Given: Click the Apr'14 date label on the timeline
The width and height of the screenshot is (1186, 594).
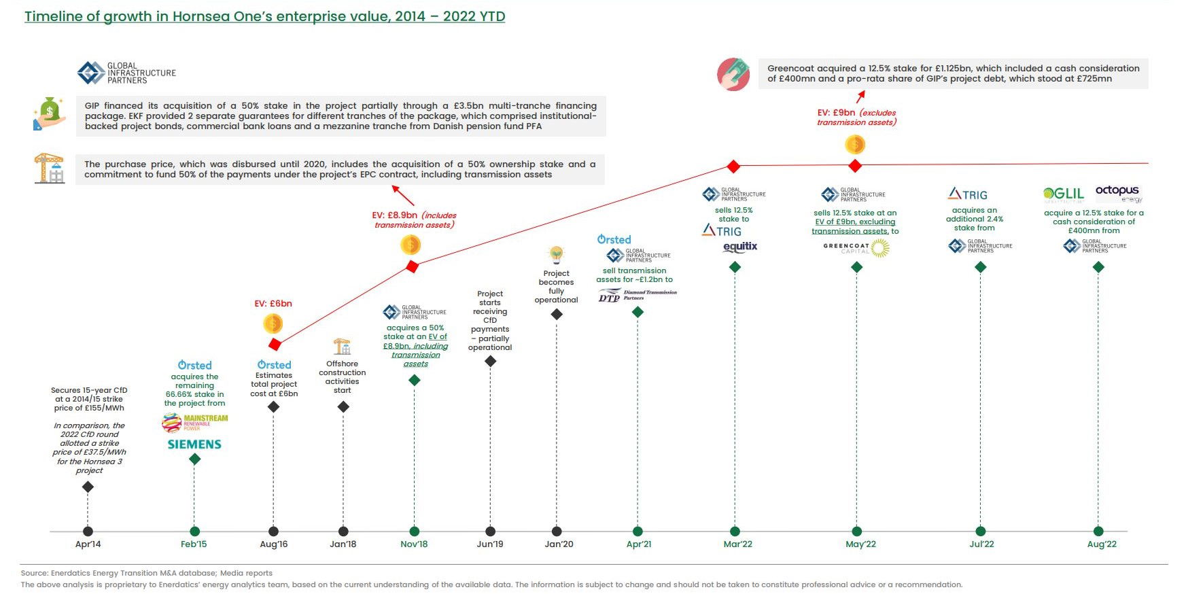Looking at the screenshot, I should (x=88, y=544).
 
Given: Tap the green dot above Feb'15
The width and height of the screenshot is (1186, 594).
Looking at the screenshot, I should (x=195, y=531).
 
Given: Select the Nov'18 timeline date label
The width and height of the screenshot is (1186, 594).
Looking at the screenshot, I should (x=414, y=544).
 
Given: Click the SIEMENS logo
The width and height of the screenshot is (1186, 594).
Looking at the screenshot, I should (x=194, y=444).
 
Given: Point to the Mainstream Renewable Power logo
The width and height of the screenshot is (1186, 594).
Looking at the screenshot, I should (x=194, y=423).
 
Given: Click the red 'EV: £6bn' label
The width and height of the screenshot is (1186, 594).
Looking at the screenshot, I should (x=273, y=304).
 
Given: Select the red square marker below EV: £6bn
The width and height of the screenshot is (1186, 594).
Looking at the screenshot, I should (x=275, y=344).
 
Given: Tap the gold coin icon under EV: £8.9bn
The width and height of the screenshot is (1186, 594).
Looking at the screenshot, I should (x=411, y=245).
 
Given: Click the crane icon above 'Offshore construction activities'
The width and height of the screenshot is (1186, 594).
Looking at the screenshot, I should (x=342, y=347).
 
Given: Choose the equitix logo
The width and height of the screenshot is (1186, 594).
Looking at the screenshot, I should (x=740, y=247).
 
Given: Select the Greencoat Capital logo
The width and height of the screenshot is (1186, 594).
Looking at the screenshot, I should (x=856, y=248).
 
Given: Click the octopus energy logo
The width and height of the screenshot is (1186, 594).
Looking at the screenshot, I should (x=1119, y=192).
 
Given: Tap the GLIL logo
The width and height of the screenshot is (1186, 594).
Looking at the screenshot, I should (x=1064, y=194).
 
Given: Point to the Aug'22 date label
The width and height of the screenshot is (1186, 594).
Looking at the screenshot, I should (x=1102, y=544).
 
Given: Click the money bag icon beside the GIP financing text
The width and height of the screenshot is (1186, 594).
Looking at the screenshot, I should (x=50, y=113).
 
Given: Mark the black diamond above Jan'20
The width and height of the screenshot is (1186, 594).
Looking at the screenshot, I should (x=557, y=314).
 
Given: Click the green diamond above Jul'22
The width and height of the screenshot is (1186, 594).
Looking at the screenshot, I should (x=980, y=267).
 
